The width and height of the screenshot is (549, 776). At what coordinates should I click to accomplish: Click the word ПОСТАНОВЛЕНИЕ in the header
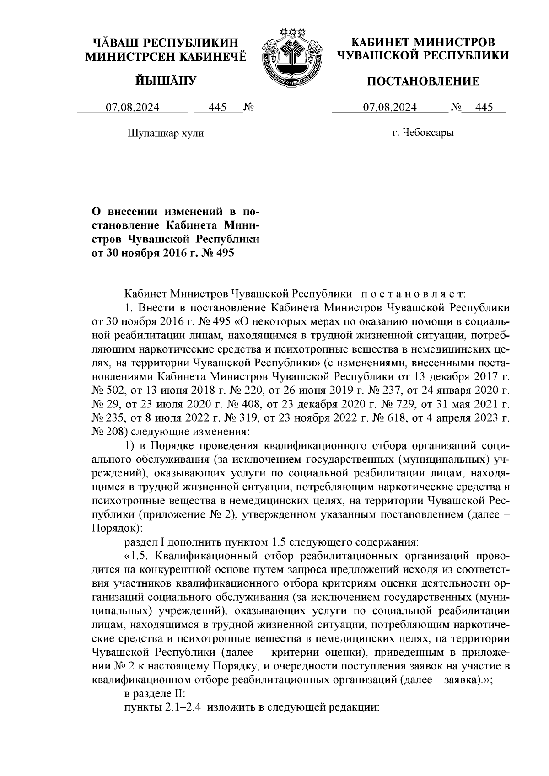[424, 82]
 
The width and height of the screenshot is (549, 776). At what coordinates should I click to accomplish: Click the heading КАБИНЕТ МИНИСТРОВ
[423, 43]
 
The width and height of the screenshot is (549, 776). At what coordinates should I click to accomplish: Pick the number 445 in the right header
[484, 107]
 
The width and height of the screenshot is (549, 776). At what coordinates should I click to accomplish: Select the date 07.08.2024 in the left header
[133, 107]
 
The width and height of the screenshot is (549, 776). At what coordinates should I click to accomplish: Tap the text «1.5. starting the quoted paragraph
[136, 556]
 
